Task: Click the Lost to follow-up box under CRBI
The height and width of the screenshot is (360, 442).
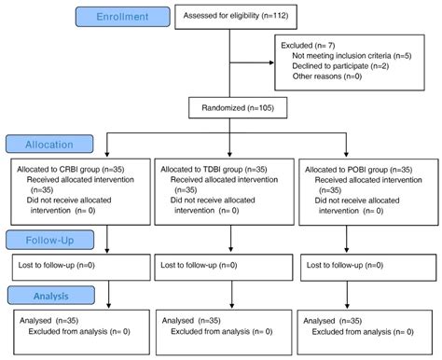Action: coord(76,265)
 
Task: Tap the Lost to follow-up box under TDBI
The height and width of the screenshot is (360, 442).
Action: coord(220,265)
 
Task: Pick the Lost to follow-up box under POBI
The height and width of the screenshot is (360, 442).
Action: coord(366,265)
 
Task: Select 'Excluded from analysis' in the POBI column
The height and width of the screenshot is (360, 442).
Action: coord(369,331)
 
